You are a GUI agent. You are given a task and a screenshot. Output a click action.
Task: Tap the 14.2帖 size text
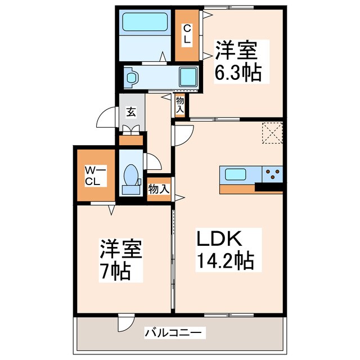224,261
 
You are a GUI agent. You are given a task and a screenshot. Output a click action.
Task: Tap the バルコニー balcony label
173,332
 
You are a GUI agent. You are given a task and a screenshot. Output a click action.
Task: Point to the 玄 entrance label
130,112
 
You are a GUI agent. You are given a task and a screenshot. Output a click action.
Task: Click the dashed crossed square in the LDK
272,133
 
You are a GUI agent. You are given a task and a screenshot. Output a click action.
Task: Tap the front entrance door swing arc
106,119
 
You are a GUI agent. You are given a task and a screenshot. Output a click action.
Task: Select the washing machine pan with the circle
131,77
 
